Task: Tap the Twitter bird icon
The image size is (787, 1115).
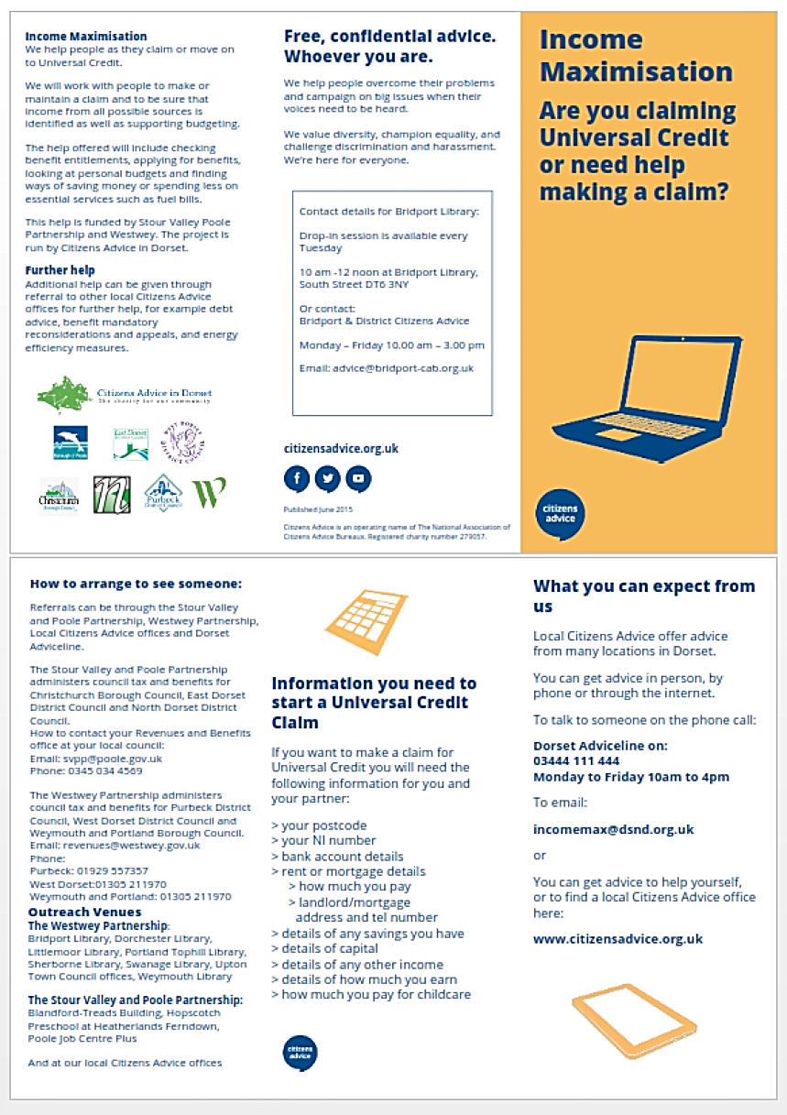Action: [x=327, y=477]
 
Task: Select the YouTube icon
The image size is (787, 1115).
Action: [x=358, y=477]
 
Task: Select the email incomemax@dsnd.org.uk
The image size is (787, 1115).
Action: [x=613, y=829]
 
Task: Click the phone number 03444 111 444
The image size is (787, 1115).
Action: [x=576, y=760]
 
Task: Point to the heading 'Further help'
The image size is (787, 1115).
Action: [x=60, y=270]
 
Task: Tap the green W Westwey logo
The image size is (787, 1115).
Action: [x=209, y=493]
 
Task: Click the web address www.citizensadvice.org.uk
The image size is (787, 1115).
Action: [x=618, y=938]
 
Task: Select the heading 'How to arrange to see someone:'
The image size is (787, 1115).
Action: [x=136, y=583]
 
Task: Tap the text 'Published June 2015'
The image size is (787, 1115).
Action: [x=318, y=508]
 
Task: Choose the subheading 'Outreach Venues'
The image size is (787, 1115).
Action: [x=73, y=913]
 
